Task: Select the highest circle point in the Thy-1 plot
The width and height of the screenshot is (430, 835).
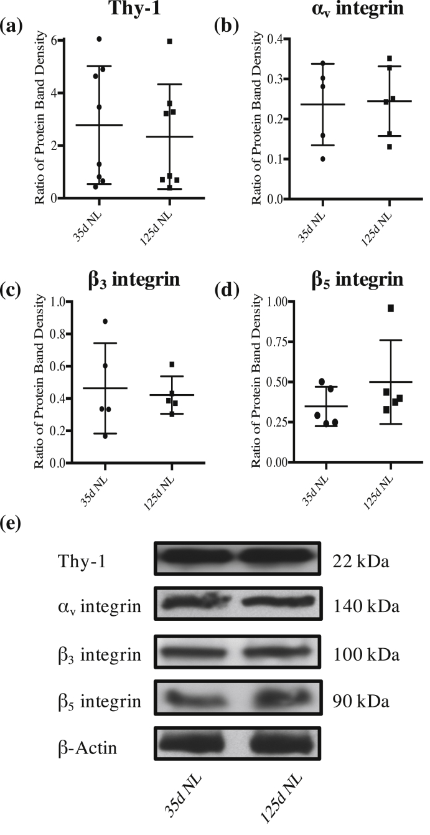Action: point(99,39)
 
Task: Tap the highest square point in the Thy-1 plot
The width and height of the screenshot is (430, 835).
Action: point(169,42)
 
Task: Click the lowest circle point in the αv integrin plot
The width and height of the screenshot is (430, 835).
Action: point(322,159)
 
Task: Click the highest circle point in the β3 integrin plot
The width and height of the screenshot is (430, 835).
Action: point(105,321)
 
